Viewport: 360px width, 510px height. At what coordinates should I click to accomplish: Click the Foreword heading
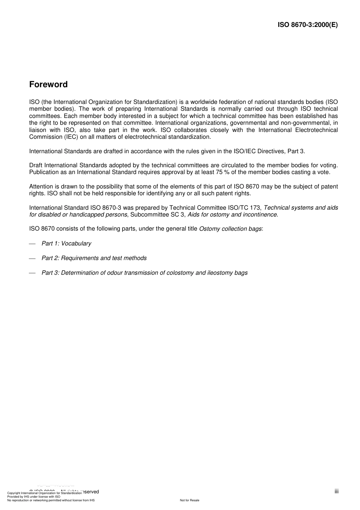tap(49, 85)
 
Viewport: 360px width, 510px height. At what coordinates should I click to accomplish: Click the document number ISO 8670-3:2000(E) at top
tap(308, 25)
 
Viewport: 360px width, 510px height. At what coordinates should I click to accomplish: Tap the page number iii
tap(337, 491)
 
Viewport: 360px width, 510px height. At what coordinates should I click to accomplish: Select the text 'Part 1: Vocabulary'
tap(66, 243)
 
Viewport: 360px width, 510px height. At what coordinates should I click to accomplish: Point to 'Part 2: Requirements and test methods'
tap(94, 258)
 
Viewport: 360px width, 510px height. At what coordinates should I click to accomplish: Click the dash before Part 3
tap(32, 273)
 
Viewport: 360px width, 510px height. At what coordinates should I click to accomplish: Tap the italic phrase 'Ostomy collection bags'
tap(230, 229)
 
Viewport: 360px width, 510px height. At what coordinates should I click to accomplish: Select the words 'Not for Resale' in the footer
tap(189, 500)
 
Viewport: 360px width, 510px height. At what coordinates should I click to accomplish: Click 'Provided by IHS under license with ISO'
tap(34, 497)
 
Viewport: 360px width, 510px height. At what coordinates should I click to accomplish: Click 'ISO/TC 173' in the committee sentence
tap(242, 208)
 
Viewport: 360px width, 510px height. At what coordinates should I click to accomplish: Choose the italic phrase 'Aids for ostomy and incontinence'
tap(232, 215)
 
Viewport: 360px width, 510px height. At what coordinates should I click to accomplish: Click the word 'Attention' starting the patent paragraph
tap(42, 187)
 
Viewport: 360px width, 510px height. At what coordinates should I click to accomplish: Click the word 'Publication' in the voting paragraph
tap(44, 172)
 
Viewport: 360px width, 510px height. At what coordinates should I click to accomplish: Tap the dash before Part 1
tap(32, 244)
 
